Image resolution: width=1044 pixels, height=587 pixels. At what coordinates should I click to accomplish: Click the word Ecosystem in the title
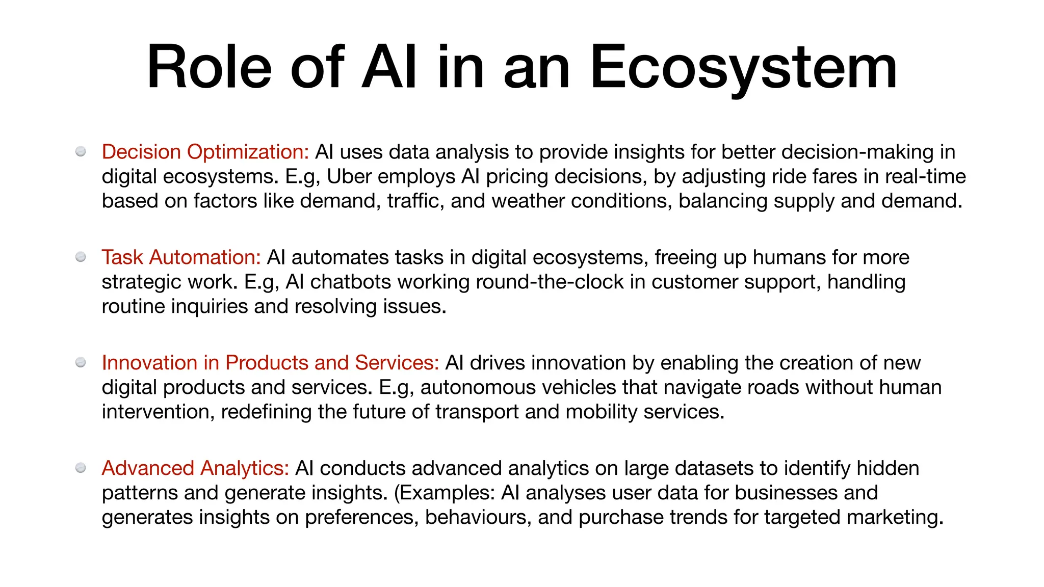(743, 67)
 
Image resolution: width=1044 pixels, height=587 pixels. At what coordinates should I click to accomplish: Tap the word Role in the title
(210, 67)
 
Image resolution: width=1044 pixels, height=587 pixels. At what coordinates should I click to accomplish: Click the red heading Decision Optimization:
(205, 152)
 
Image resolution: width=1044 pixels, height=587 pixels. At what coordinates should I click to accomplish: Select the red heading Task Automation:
(181, 257)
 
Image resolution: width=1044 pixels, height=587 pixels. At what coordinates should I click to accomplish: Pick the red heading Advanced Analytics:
(195, 468)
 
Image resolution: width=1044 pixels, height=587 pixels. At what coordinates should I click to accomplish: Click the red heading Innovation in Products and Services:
(270, 363)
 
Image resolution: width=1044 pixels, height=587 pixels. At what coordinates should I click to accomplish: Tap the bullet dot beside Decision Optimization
(81, 151)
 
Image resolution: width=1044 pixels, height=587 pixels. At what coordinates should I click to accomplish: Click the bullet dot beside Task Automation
(81, 257)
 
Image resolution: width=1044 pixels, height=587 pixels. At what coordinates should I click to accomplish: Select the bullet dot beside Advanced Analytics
(81, 468)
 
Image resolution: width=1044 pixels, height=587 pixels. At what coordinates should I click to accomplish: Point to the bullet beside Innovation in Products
(81, 362)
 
